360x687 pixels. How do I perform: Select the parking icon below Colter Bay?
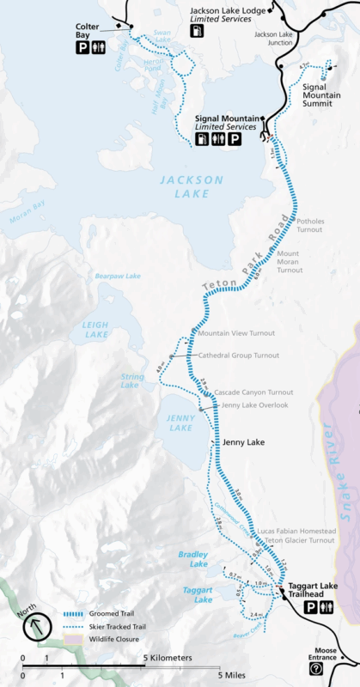pyautogui.click(x=82, y=49)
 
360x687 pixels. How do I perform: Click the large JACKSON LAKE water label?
pyautogui.click(x=191, y=187)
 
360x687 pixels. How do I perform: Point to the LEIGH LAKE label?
pyautogui.click(x=96, y=330)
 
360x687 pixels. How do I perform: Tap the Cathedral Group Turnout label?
pyautogui.click(x=239, y=355)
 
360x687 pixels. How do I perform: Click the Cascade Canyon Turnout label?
pyautogui.click(x=247, y=392)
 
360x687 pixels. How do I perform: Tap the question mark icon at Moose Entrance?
pyautogui.click(x=315, y=668)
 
